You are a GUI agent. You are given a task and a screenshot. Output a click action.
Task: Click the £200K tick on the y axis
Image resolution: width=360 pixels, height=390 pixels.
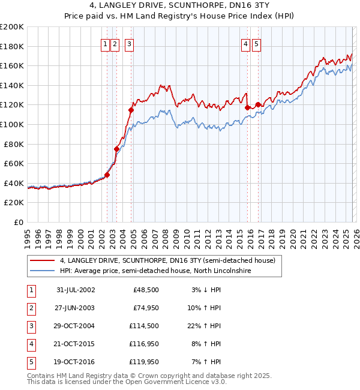12,27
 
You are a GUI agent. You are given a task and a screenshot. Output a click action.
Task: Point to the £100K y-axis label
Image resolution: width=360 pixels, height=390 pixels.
12,124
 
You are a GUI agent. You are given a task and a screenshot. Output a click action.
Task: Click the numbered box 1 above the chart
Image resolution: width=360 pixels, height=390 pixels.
106,43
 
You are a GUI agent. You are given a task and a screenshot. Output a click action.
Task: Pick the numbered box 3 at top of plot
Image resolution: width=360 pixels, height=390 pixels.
130,43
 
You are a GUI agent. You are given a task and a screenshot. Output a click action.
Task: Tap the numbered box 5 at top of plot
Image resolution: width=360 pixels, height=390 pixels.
256,43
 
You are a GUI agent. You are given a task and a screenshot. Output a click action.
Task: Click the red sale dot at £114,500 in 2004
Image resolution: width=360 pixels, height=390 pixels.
131,110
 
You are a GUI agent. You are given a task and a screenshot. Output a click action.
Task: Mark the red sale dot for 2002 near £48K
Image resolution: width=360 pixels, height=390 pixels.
107,175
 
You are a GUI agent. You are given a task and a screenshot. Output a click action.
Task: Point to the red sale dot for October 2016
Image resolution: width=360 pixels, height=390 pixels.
258,104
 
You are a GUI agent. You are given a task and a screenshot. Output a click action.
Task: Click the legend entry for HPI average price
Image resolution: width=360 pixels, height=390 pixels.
155,271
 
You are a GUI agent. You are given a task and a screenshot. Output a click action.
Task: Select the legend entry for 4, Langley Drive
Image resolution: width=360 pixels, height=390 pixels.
167,260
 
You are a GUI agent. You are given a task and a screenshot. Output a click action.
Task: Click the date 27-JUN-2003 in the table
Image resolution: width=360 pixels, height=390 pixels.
75,308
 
